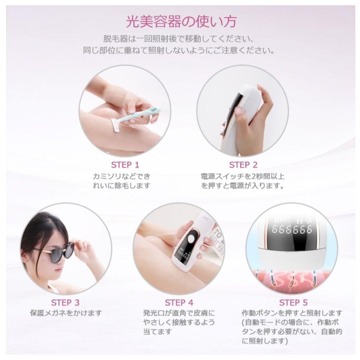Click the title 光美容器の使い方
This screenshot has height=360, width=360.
[181, 22]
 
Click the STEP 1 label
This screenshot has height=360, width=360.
[125, 165]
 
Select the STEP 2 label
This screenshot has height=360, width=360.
[243, 165]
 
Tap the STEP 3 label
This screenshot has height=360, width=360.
[65, 302]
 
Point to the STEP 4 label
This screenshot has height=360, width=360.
[179, 302]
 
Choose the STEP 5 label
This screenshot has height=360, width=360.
[293, 302]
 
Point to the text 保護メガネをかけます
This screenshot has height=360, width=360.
[66, 313]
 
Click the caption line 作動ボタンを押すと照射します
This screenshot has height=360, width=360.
[292, 313]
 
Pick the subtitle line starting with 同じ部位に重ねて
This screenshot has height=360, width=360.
[179, 50]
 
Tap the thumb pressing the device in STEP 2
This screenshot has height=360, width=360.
[240, 111]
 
